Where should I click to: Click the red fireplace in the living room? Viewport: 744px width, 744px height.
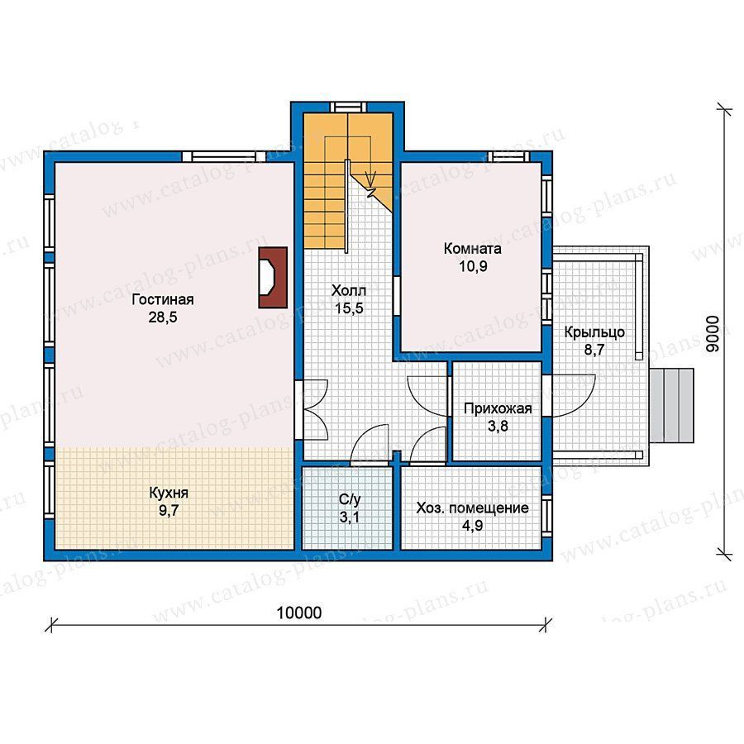tap(273, 278)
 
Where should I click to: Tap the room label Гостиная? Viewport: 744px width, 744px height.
tap(163, 300)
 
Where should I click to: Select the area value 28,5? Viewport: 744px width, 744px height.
tap(163, 317)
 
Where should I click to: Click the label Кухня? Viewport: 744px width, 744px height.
tap(169, 493)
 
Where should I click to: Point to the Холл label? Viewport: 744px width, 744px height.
tap(349, 290)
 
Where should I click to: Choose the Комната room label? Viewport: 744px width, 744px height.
tap(473, 249)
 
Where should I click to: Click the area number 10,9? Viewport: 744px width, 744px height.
tap(473, 266)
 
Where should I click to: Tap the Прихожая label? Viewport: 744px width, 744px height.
tap(498, 408)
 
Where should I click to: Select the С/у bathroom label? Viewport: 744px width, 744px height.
tap(350, 499)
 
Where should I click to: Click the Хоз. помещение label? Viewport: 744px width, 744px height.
tap(473, 508)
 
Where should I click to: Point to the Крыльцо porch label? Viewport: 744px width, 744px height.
tap(594, 332)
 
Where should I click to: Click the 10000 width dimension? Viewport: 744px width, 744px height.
tap(299, 613)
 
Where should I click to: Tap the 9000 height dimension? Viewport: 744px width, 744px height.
tap(713, 334)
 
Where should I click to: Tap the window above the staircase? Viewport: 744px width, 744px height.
tap(348, 107)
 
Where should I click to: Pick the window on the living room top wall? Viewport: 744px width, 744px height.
tap(223, 156)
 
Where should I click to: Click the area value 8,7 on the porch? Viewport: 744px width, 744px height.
tap(594, 351)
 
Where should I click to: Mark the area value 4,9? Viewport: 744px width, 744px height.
tap(473, 526)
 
